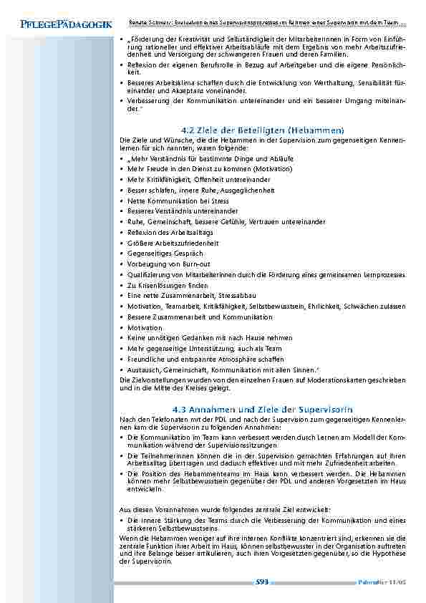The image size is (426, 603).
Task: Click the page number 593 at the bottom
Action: point(261,582)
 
